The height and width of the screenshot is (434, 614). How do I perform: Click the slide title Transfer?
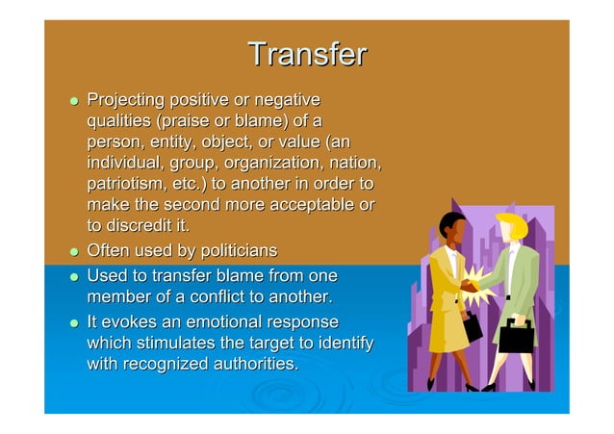pyautogui.click(x=306, y=55)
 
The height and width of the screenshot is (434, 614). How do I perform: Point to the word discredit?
pyautogui.click(x=139, y=225)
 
